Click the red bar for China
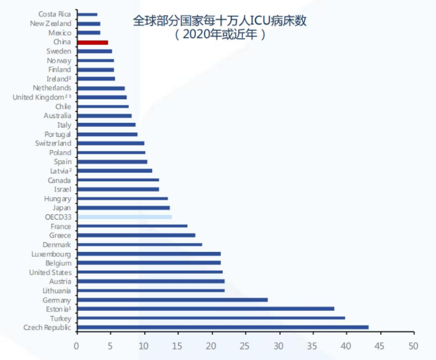click(92, 42)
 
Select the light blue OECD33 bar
click(125, 217)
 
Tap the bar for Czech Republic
click(223, 327)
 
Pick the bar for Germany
click(172, 300)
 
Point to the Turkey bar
click(211, 318)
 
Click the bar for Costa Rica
click(87, 14)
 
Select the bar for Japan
click(123, 208)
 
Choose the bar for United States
click(150, 272)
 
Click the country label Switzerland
click(53, 143)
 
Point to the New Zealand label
click(51, 23)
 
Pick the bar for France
click(132, 226)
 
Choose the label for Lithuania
click(56, 291)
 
